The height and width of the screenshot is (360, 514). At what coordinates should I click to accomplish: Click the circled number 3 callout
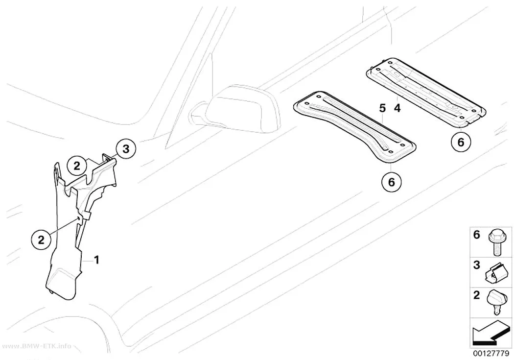[x=125, y=149]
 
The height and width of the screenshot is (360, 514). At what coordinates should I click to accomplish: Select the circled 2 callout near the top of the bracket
[x=77, y=166]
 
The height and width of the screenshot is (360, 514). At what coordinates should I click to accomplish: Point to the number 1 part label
[x=96, y=261]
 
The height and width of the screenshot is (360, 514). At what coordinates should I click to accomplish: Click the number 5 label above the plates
[x=382, y=108]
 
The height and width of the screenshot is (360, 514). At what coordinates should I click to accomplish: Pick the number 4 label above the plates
[x=397, y=108]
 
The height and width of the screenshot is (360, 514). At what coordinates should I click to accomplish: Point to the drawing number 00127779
[x=491, y=354]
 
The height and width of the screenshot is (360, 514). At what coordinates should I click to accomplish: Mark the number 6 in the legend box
[x=477, y=235]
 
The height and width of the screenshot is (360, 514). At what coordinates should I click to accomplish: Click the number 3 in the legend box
[x=477, y=264]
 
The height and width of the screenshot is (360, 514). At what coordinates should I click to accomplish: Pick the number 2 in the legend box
[x=477, y=295]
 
